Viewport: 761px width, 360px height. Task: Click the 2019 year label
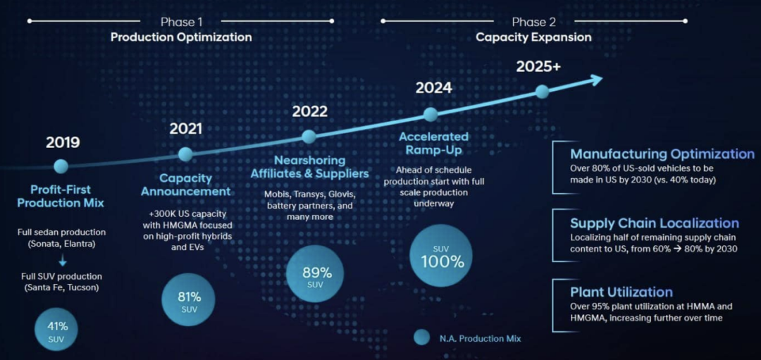click(x=63, y=142)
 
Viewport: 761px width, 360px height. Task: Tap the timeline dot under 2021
click(x=185, y=154)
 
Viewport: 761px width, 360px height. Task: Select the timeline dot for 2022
click(x=309, y=137)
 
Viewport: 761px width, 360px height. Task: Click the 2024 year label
click(x=433, y=88)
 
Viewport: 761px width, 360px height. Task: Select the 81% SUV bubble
click(x=190, y=299)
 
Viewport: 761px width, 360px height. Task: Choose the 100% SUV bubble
click(x=443, y=256)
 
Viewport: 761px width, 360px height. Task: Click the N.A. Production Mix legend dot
click(x=421, y=337)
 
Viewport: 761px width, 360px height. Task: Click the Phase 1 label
click(x=181, y=22)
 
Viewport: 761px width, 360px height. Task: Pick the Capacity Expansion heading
click(x=533, y=37)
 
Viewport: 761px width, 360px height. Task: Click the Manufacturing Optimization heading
click(x=662, y=154)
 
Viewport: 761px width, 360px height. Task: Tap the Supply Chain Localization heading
click(x=655, y=223)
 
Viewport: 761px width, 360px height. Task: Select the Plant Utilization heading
click(x=621, y=292)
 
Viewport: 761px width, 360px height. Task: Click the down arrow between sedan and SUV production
click(x=63, y=261)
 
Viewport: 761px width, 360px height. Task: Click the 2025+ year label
click(x=538, y=67)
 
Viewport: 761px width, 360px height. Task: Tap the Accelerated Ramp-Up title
click(x=433, y=143)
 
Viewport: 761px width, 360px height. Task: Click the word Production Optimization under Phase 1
click(x=181, y=37)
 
